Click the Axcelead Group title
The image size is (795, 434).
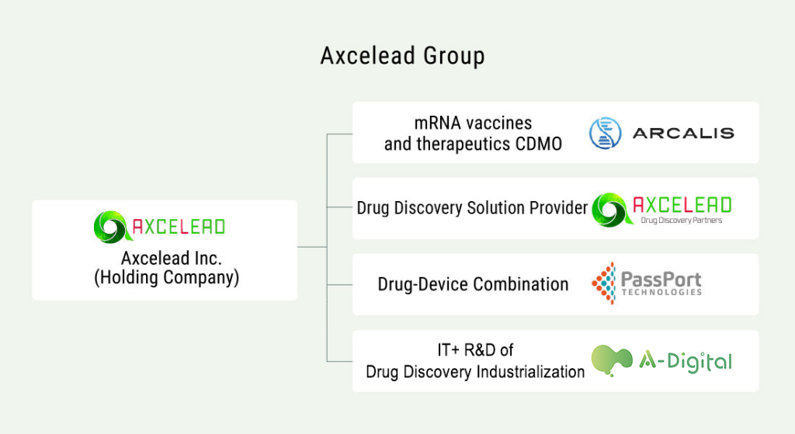tap(403, 56)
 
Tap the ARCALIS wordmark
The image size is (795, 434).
tap(683, 134)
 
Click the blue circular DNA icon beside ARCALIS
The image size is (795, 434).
tap(606, 133)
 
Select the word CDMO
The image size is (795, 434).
tap(539, 144)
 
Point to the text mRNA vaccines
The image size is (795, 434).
tap(473, 123)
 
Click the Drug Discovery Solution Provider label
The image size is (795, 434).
tap(472, 208)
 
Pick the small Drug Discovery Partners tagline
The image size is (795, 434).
tap(682, 220)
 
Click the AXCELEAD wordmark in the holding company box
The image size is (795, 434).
tap(179, 227)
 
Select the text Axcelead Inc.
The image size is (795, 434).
tap(172, 258)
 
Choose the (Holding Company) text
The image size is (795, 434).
tap(167, 278)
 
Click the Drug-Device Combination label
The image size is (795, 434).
tap(473, 284)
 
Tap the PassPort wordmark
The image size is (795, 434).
tap(661, 279)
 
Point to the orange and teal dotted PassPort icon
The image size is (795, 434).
tap(604, 283)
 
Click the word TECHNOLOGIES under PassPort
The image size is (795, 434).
tap(661, 292)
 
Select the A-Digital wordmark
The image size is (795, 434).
tap(686, 361)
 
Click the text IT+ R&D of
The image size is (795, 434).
tap(475, 350)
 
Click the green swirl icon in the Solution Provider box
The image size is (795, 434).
tap(612, 210)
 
